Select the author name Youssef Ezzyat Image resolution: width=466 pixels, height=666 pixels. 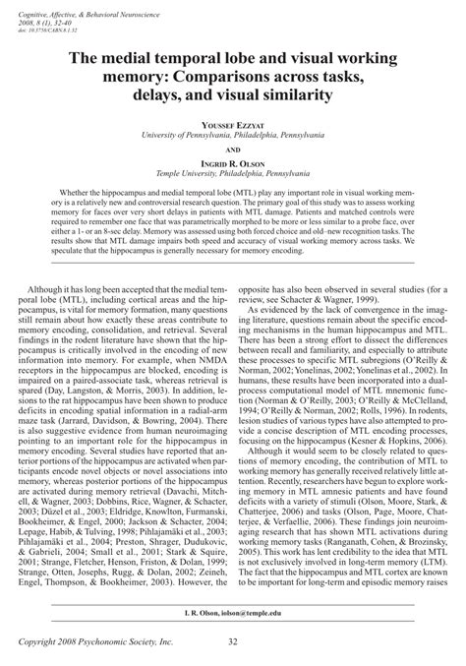click(x=233, y=126)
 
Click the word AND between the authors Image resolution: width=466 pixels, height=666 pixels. click(x=233, y=152)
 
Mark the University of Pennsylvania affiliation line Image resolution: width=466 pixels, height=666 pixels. click(x=233, y=138)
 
